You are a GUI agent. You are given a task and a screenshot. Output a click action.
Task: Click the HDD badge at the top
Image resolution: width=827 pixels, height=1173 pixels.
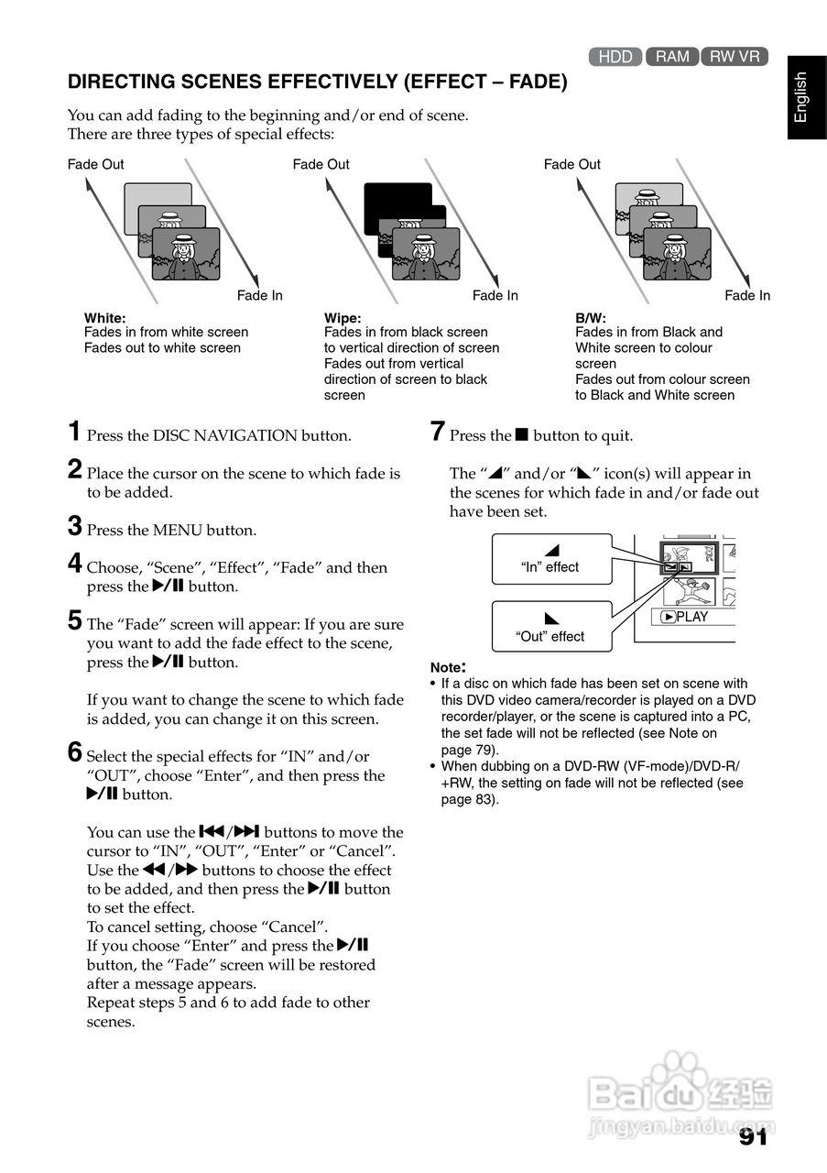click(x=615, y=57)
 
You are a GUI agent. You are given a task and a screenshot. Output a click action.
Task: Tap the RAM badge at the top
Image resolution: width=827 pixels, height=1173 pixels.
click(x=672, y=57)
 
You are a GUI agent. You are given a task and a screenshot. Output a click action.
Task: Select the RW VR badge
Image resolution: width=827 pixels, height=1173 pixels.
click(x=735, y=57)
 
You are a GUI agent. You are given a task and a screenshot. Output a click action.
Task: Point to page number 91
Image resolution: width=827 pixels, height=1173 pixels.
click(x=753, y=1136)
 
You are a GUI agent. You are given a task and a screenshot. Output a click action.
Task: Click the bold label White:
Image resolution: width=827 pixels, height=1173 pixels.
click(x=105, y=317)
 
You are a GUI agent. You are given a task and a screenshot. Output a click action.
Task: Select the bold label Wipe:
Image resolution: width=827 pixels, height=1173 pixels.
click(x=343, y=317)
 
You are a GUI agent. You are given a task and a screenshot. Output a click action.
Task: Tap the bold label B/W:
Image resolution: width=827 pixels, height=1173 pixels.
click(x=591, y=317)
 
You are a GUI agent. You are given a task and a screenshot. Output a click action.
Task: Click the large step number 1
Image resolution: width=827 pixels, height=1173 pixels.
click(x=75, y=432)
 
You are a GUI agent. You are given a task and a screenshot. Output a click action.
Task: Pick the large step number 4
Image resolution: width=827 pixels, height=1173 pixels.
click(x=76, y=564)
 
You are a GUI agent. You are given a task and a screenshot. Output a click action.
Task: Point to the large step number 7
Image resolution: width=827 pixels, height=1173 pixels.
click(x=438, y=432)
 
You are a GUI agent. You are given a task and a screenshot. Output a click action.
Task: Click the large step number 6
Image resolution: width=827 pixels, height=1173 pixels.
click(x=76, y=752)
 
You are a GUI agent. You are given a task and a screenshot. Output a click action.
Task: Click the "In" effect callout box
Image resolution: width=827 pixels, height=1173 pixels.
click(x=550, y=559)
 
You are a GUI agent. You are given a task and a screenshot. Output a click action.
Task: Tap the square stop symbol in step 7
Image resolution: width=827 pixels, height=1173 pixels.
click(x=522, y=435)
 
